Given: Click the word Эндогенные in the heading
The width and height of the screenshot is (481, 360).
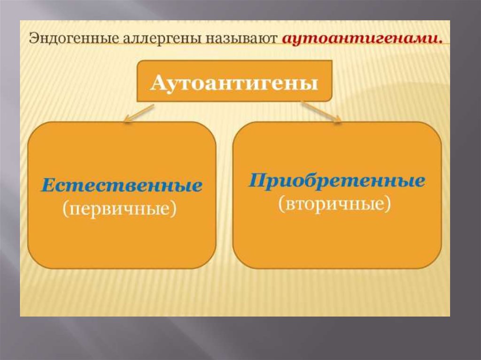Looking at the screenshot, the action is tap(72, 39).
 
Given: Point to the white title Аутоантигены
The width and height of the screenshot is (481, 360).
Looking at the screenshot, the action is tap(234, 83).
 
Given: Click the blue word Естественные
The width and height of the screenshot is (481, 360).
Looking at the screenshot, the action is tap(122, 185).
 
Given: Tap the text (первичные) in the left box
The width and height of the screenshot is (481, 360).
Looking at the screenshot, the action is tap(120, 209).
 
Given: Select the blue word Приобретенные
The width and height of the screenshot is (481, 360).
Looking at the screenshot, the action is tap(337, 180).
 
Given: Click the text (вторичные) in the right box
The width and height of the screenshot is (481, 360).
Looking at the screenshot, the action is tap(334, 203).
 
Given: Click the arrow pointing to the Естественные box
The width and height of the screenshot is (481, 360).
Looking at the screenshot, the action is tap(139, 114).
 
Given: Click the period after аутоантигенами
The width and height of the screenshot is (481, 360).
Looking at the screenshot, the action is tap(440, 42).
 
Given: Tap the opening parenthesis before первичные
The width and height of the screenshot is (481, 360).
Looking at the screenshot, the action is tap(65, 209).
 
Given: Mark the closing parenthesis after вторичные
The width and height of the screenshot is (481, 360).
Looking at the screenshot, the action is tap(388, 204).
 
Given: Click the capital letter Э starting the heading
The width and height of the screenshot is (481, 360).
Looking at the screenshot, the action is tap(33, 39).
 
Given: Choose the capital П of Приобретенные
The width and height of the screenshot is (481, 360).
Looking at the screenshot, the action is tap(259, 180).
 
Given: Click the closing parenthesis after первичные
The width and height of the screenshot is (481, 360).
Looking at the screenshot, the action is tap(174, 209).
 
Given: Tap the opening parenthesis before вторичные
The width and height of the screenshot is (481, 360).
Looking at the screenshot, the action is tap(281, 204).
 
